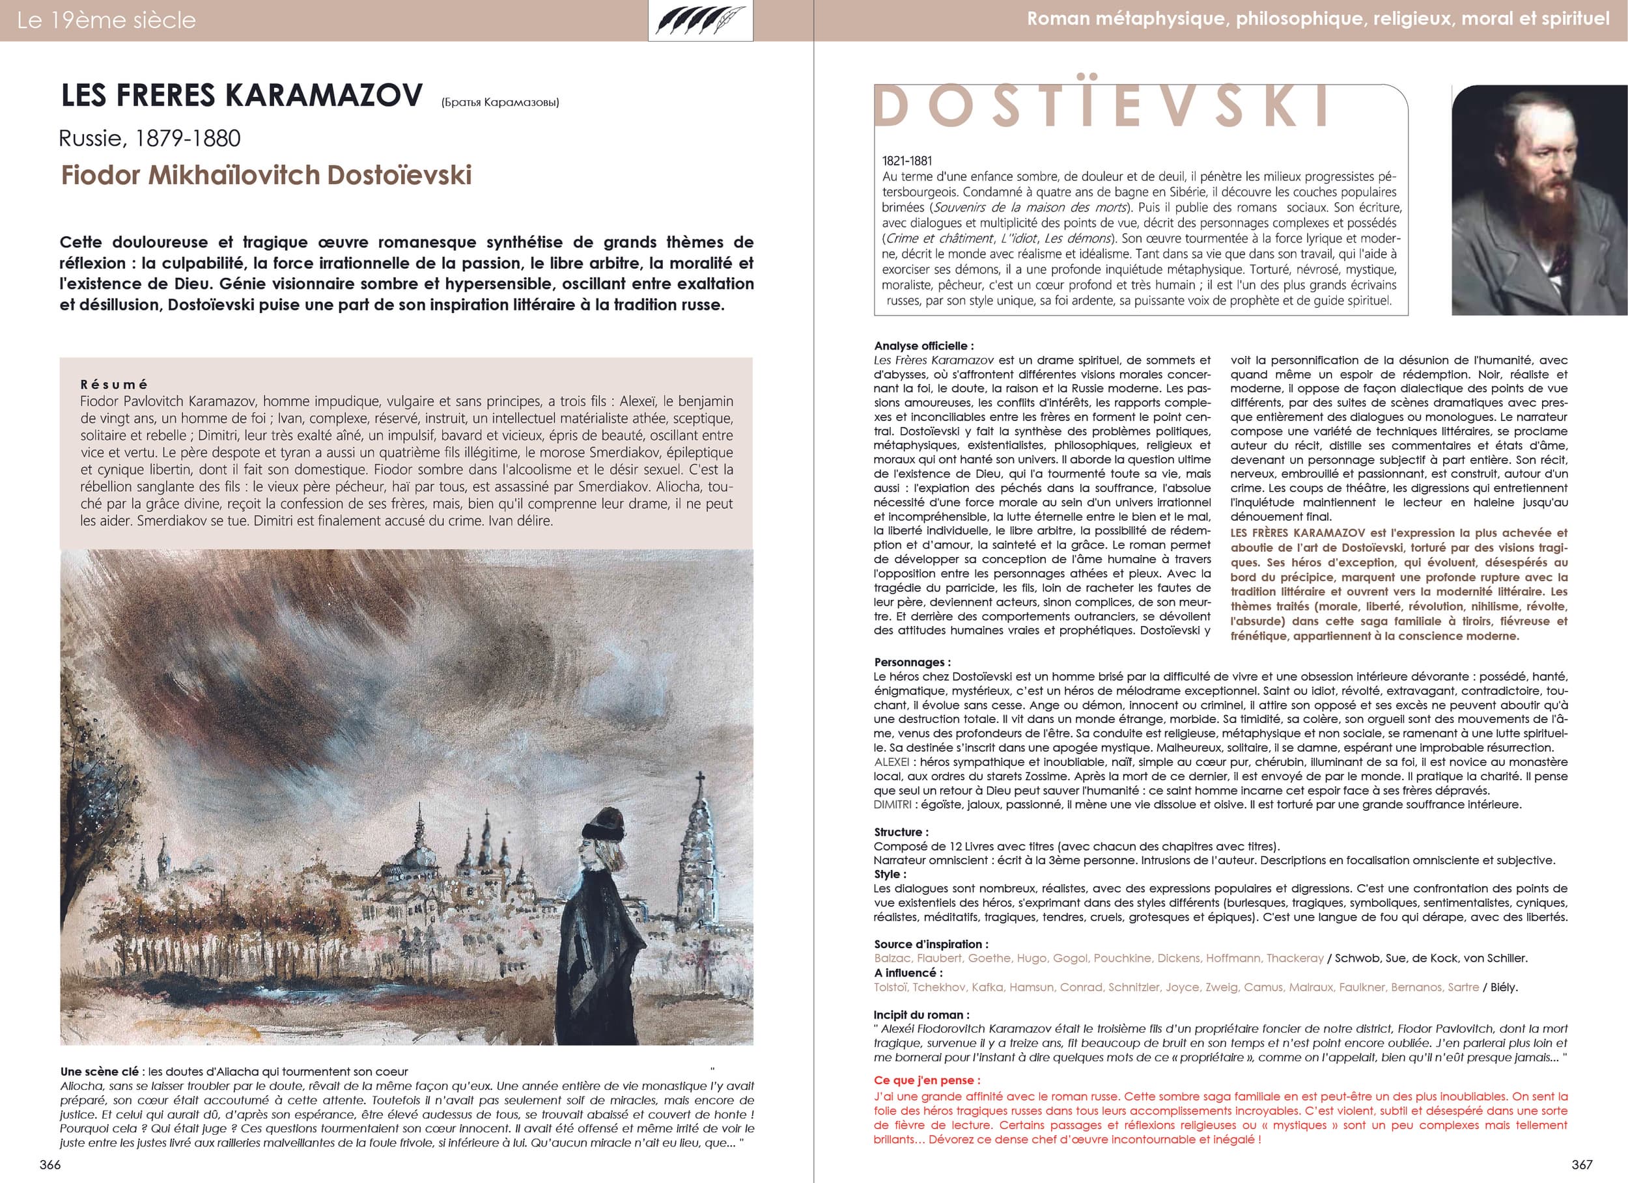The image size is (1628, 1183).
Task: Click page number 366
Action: tap(50, 1164)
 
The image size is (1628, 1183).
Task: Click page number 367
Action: tap(1582, 1164)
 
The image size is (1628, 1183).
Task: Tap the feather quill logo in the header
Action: tap(700, 20)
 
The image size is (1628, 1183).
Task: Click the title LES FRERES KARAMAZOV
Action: tap(242, 96)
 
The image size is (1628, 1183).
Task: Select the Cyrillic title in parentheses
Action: tap(500, 102)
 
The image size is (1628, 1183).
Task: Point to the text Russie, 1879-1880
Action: tap(150, 138)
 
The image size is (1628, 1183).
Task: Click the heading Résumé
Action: tap(114, 385)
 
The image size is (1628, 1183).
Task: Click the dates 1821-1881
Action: tap(907, 161)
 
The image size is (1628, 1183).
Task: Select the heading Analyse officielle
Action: tap(924, 346)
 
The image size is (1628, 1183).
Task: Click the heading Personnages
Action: tap(912, 662)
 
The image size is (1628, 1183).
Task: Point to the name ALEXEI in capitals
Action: tap(891, 762)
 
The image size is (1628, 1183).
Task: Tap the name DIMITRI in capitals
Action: tap(893, 804)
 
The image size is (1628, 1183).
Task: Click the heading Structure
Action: tap(901, 832)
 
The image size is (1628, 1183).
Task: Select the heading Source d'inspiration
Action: tap(931, 944)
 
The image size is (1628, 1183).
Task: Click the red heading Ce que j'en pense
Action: tap(927, 1080)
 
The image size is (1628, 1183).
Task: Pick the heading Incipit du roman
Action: tap(921, 1014)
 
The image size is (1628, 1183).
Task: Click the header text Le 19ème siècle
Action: tap(106, 20)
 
